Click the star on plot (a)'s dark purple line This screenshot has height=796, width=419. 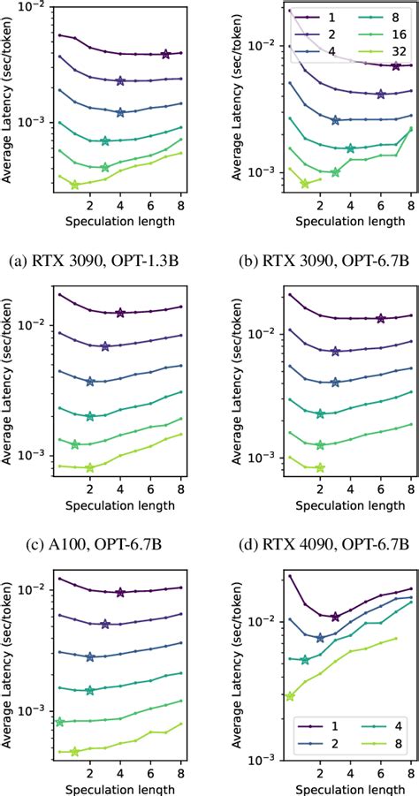pyautogui.click(x=165, y=55)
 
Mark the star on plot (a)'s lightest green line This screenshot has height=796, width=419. pyautogui.click(x=74, y=185)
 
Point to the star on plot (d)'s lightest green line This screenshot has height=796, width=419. pyautogui.click(x=320, y=467)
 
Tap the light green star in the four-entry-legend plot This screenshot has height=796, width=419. pyautogui.click(x=290, y=696)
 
